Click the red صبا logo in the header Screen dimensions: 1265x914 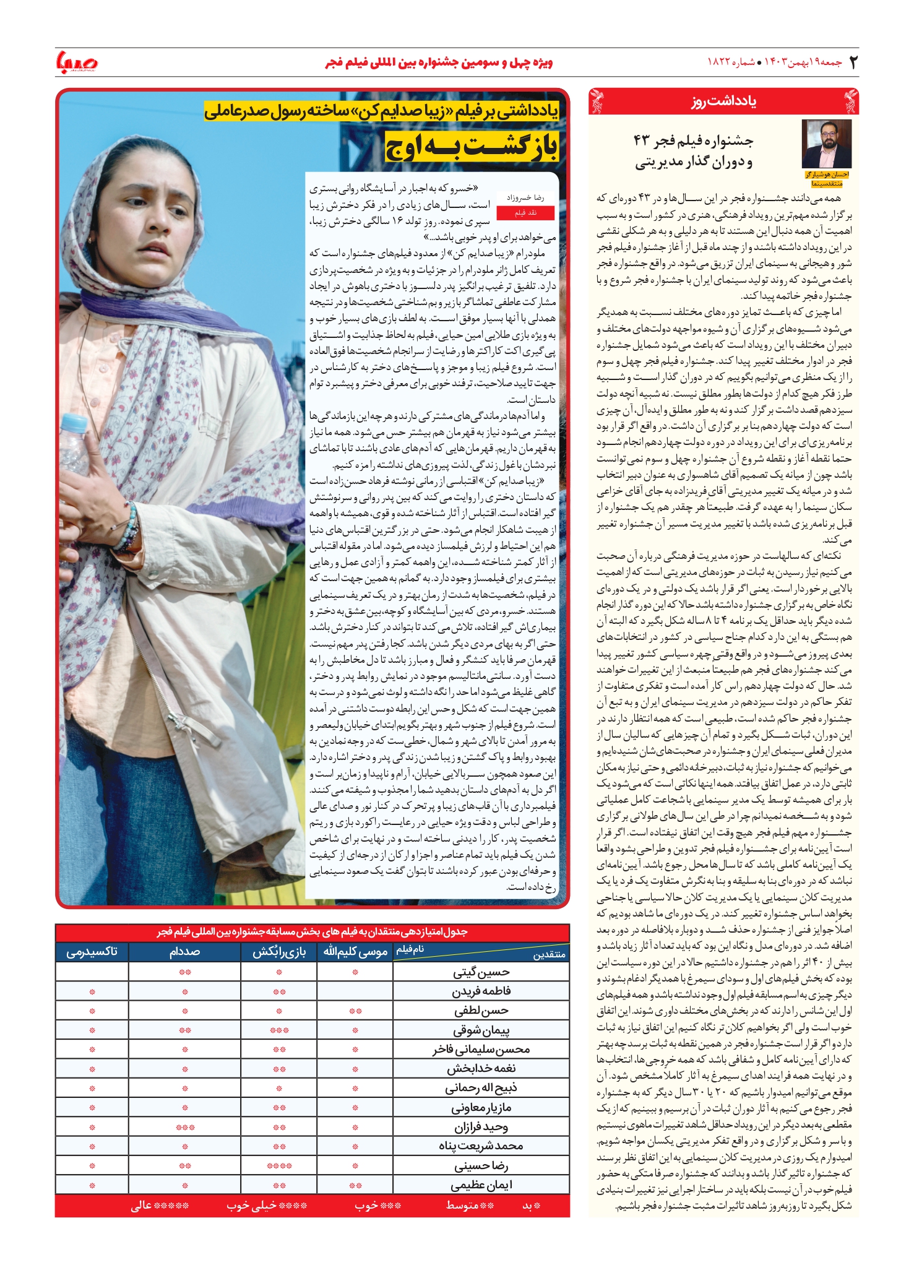[77, 62]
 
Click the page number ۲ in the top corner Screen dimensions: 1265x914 [853, 63]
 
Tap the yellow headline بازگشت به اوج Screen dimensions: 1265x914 [472, 147]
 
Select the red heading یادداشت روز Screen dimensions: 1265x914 [723, 101]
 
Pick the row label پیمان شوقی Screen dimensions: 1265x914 [481, 1030]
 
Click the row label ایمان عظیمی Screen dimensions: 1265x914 [481, 1186]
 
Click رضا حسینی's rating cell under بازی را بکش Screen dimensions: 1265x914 [279, 1166]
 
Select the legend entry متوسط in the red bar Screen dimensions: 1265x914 [470, 1206]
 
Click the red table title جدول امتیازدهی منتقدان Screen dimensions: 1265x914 [312, 932]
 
